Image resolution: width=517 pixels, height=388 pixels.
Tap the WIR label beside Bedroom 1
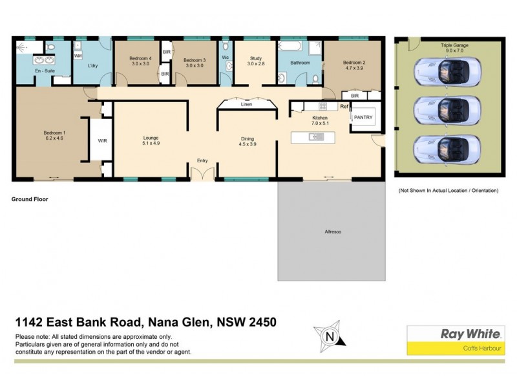(102, 140)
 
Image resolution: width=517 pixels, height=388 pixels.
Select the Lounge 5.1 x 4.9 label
(151, 140)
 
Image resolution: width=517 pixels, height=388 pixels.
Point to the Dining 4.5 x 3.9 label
(248, 140)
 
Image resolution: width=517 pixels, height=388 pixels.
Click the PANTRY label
(363, 117)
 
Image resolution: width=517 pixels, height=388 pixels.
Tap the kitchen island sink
(317, 136)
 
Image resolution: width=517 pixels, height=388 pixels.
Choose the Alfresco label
(333, 231)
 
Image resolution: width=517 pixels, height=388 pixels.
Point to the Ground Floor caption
(30, 200)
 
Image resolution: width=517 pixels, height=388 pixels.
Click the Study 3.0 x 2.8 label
(257, 62)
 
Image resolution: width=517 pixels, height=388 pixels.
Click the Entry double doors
(203, 173)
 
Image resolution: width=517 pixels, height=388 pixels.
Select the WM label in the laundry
(78, 56)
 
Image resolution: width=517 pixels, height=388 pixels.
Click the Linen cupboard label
(246, 103)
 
